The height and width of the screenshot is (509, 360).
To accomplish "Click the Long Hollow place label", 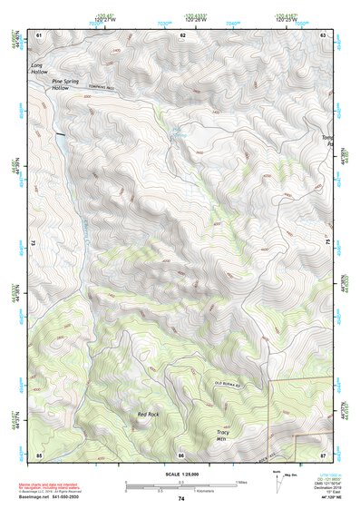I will (x=40, y=68).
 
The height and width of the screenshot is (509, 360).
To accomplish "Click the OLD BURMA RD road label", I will (x=229, y=384).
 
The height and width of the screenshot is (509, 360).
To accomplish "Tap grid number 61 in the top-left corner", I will (x=39, y=34).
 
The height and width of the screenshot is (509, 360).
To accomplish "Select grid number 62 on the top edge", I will (x=182, y=34).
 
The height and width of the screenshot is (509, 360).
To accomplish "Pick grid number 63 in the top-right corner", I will (x=323, y=34).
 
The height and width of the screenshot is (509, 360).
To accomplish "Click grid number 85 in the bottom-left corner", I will (x=39, y=454).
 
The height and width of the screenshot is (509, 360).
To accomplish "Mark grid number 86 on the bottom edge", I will (x=181, y=454).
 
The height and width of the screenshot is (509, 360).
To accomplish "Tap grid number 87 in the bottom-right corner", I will (x=323, y=454).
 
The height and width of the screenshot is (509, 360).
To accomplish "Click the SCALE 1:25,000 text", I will (x=181, y=472).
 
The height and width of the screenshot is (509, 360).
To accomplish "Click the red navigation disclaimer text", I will (x=50, y=487).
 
